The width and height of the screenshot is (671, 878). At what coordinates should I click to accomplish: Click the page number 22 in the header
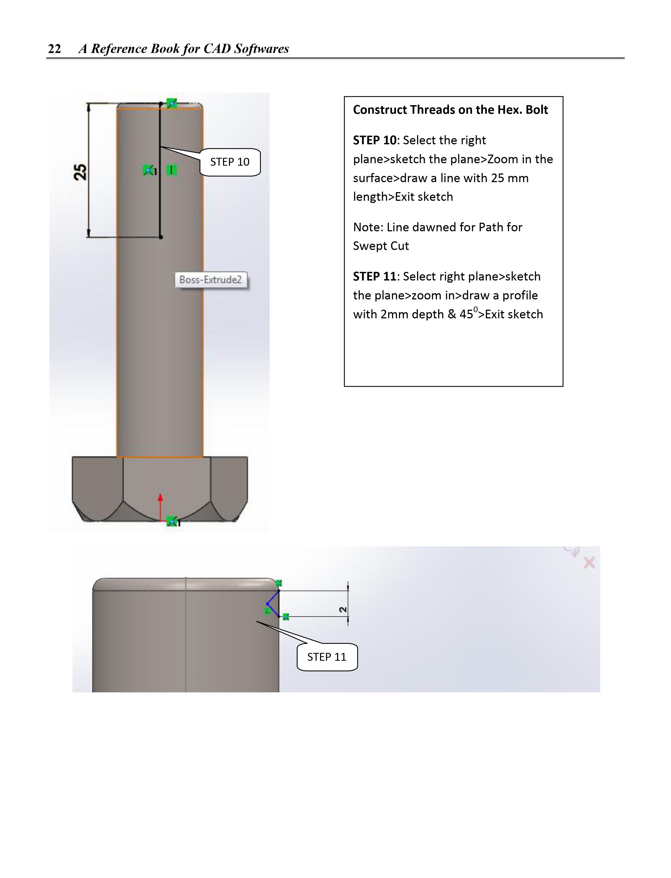[54, 49]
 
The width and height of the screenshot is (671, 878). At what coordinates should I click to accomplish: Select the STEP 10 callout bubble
[230, 162]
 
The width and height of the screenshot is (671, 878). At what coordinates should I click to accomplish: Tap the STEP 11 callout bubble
[327, 657]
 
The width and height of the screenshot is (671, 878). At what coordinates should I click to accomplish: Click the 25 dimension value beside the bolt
[80, 172]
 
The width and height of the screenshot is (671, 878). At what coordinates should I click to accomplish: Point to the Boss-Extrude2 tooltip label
[211, 279]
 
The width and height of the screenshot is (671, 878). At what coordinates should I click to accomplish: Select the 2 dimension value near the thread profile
[343, 610]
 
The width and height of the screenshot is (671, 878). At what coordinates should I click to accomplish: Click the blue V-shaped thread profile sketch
[273, 603]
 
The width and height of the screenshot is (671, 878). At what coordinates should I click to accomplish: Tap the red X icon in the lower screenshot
[589, 563]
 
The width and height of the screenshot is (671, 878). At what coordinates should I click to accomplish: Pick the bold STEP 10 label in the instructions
[374, 141]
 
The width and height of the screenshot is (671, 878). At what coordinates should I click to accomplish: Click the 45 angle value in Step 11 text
[466, 315]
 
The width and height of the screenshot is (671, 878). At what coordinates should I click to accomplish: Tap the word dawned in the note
[434, 228]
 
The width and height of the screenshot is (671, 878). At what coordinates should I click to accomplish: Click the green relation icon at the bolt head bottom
[172, 521]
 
